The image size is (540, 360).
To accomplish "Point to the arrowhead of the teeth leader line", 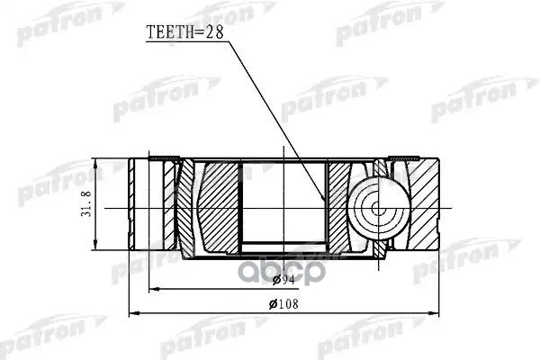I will [x=324, y=199].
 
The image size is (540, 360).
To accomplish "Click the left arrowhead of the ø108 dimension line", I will [x=134, y=314].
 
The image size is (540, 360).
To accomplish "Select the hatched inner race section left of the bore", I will [x=217, y=206].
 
